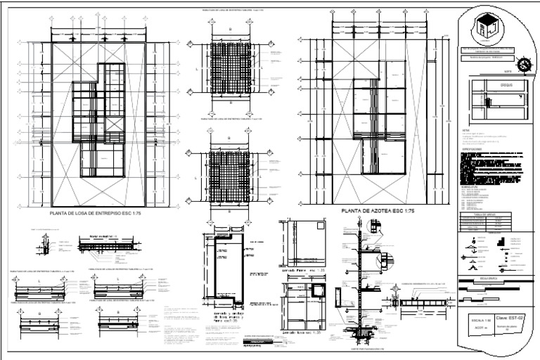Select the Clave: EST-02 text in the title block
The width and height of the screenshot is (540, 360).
point(510,319)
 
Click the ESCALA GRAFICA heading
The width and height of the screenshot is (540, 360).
point(490,278)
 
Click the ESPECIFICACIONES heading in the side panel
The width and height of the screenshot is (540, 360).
point(473,150)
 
